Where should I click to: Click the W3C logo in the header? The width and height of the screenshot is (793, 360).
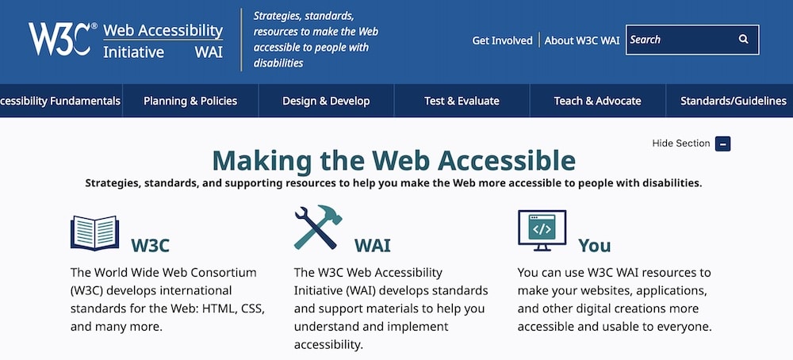coord(62,38)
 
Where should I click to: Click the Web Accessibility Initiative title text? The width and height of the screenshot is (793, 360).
coord(163,41)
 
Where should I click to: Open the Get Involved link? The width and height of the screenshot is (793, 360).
coord(502,40)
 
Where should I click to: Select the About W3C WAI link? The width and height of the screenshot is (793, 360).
coord(581,40)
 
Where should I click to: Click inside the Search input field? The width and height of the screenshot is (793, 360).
coord(678,40)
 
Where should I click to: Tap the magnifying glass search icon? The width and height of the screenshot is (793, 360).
coord(743,40)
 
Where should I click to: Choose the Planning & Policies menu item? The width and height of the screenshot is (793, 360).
coord(190,101)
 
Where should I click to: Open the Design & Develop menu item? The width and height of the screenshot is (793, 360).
coord(326,101)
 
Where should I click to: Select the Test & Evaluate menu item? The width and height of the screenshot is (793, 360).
coord(462,101)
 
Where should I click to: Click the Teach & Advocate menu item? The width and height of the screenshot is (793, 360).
coord(597,101)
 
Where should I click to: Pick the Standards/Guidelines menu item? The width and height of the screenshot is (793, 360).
coord(733,101)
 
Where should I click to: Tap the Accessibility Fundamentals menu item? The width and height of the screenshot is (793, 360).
coord(60,101)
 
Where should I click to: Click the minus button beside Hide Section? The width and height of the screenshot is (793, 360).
coord(722,144)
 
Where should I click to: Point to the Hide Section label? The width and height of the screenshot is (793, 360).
coord(680,144)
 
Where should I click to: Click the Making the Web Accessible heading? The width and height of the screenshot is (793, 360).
coord(393,160)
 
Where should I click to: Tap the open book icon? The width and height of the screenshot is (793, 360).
coord(94,233)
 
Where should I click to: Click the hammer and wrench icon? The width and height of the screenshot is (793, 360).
coord(316,228)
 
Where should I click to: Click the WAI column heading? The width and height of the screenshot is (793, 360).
coord(372,244)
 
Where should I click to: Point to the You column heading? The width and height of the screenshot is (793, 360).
coord(594,244)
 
